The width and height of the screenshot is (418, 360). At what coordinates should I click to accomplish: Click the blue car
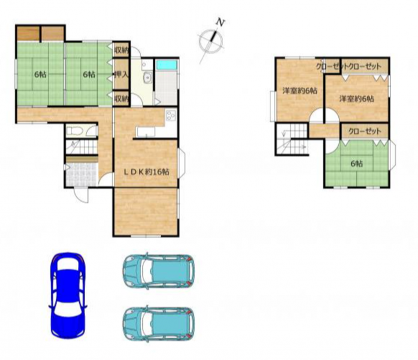click(68, 295)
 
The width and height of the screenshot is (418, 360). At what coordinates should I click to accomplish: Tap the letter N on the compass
click(220, 22)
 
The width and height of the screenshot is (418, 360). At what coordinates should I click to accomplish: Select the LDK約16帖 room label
click(146, 172)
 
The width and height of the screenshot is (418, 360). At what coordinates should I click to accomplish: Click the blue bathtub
click(167, 65)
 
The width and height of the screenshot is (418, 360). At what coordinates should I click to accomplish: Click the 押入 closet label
click(122, 74)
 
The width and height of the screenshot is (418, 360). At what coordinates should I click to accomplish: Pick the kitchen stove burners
click(170, 115)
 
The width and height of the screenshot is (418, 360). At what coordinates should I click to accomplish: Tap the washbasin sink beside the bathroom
click(147, 77)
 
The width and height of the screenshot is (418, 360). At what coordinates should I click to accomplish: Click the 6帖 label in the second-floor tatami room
click(356, 163)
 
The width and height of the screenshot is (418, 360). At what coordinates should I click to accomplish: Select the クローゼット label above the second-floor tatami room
click(365, 131)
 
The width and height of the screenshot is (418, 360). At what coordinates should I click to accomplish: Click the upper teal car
click(158, 271)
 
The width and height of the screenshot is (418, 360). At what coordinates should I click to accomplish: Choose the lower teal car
click(158, 324)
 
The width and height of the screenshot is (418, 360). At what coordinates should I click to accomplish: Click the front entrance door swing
click(81, 196)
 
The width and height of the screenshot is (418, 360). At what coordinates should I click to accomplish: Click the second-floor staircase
click(292, 139)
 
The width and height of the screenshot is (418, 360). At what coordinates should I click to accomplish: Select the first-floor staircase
click(82, 147)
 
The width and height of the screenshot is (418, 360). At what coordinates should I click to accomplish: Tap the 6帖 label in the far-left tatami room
click(40, 74)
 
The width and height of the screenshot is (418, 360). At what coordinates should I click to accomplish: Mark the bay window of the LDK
click(181, 163)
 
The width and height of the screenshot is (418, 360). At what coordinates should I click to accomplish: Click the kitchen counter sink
click(146, 132)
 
